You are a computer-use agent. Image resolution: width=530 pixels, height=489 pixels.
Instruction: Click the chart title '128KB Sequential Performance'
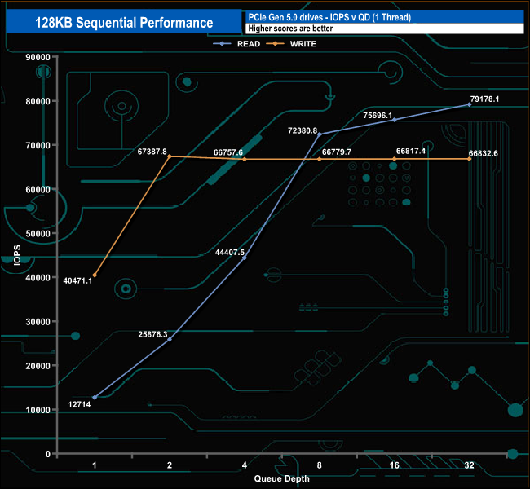(124, 23)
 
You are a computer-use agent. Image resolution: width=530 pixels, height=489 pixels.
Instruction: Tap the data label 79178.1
(484, 99)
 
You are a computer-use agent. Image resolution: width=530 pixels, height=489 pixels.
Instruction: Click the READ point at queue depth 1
(95, 398)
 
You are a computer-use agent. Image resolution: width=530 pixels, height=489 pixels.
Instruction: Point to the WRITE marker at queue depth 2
(170, 156)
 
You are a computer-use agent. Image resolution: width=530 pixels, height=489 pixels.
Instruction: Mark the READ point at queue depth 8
(319, 134)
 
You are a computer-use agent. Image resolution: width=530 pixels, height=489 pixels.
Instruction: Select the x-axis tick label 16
(394, 465)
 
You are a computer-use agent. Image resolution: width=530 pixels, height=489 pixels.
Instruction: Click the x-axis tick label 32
(469, 465)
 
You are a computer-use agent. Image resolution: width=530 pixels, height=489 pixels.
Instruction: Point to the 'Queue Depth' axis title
(281, 478)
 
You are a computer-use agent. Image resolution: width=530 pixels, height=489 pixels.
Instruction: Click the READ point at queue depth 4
(244, 258)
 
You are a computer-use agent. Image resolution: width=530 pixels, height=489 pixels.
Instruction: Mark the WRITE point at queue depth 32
(469, 159)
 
